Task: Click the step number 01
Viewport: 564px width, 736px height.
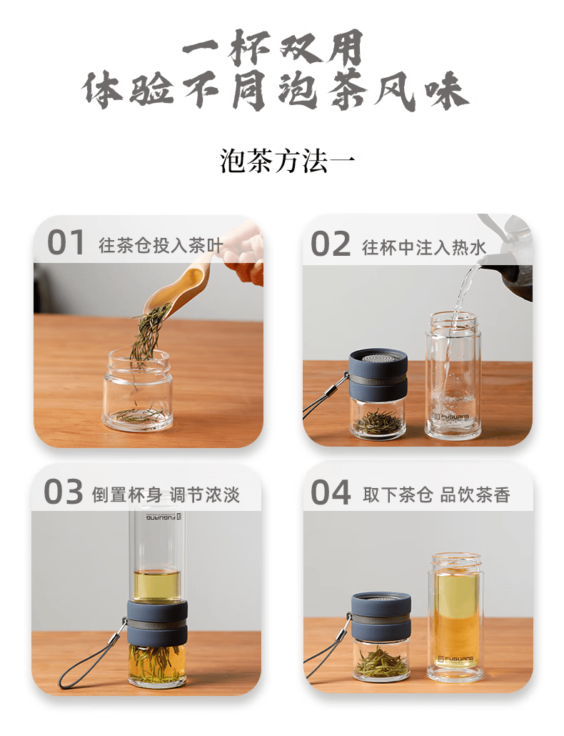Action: pos(66,243)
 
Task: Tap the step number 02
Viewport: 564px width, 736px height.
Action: pos(331,244)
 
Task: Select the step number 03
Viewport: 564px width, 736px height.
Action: pos(64,493)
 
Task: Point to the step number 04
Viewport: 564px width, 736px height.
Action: pos(331,493)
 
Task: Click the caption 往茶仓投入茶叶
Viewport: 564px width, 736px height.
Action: pos(161,247)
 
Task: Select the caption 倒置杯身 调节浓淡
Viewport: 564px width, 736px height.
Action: pos(166,494)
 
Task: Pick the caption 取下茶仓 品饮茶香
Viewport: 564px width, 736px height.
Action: pos(436,495)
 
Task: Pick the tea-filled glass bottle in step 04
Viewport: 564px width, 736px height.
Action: pos(455,616)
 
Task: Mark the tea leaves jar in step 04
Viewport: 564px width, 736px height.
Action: pos(381,657)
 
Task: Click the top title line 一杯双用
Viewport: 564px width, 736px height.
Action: pos(273,50)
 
